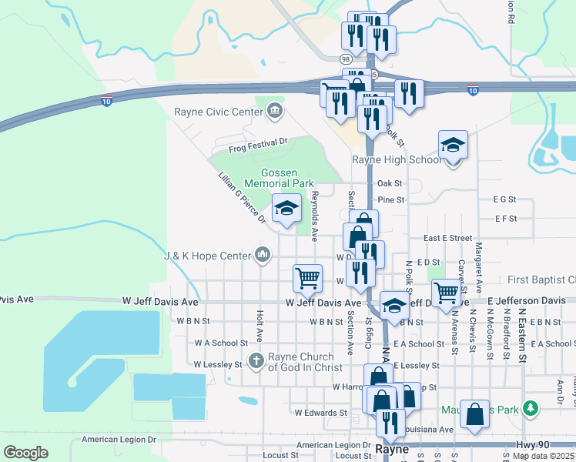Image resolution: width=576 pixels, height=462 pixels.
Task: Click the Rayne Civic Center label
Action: pyautogui.click(x=219, y=112)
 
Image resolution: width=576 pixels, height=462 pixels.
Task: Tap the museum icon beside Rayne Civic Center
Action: pyautogui.click(x=274, y=112)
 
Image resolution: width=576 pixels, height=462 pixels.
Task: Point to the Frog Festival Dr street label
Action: pyautogui.click(x=257, y=142)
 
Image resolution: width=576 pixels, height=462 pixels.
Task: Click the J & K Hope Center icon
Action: pyautogui.click(x=263, y=255)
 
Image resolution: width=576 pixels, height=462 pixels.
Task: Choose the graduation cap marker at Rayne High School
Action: pyautogui.click(x=453, y=146)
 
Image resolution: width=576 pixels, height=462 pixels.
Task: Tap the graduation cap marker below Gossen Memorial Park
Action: pyautogui.click(x=286, y=209)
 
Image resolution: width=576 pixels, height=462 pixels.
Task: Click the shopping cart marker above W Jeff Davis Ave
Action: pyautogui.click(x=307, y=279)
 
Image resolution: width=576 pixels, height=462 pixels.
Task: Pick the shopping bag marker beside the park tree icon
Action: pyautogui.click(x=475, y=413)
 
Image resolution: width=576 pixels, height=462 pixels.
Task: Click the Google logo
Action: pyautogui.click(x=26, y=453)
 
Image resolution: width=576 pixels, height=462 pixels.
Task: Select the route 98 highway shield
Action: pyautogui.click(x=344, y=59)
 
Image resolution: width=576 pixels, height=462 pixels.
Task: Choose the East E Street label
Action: pyautogui.click(x=447, y=239)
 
